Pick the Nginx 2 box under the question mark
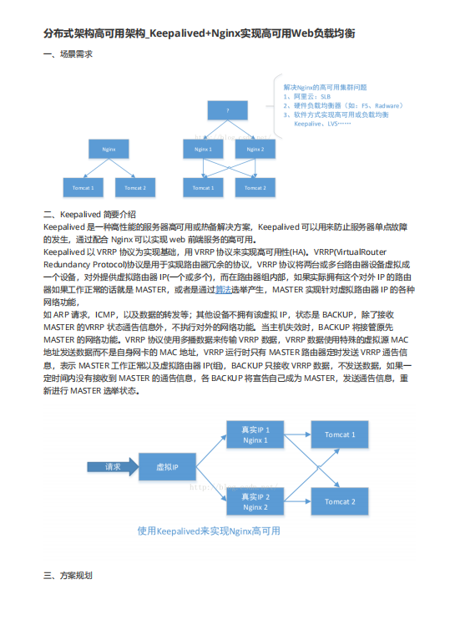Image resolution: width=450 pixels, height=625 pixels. click(255, 149)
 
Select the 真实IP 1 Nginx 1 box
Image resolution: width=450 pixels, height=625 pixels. click(255, 434)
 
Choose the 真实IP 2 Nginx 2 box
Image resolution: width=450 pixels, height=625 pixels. click(255, 501)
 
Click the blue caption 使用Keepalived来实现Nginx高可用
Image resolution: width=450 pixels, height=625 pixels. click(209, 531)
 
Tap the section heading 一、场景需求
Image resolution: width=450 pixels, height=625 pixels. click(68, 53)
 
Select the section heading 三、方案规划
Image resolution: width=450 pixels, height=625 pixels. click(68, 577)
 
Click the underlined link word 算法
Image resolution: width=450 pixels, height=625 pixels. click(224, 290)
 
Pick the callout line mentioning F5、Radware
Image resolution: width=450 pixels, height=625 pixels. click(343, 105)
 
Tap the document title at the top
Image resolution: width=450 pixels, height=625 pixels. click(200, 33)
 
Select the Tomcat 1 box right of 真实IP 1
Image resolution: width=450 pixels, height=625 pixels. click(340, 434)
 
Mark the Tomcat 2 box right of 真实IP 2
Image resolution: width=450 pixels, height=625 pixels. click(340, 501)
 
